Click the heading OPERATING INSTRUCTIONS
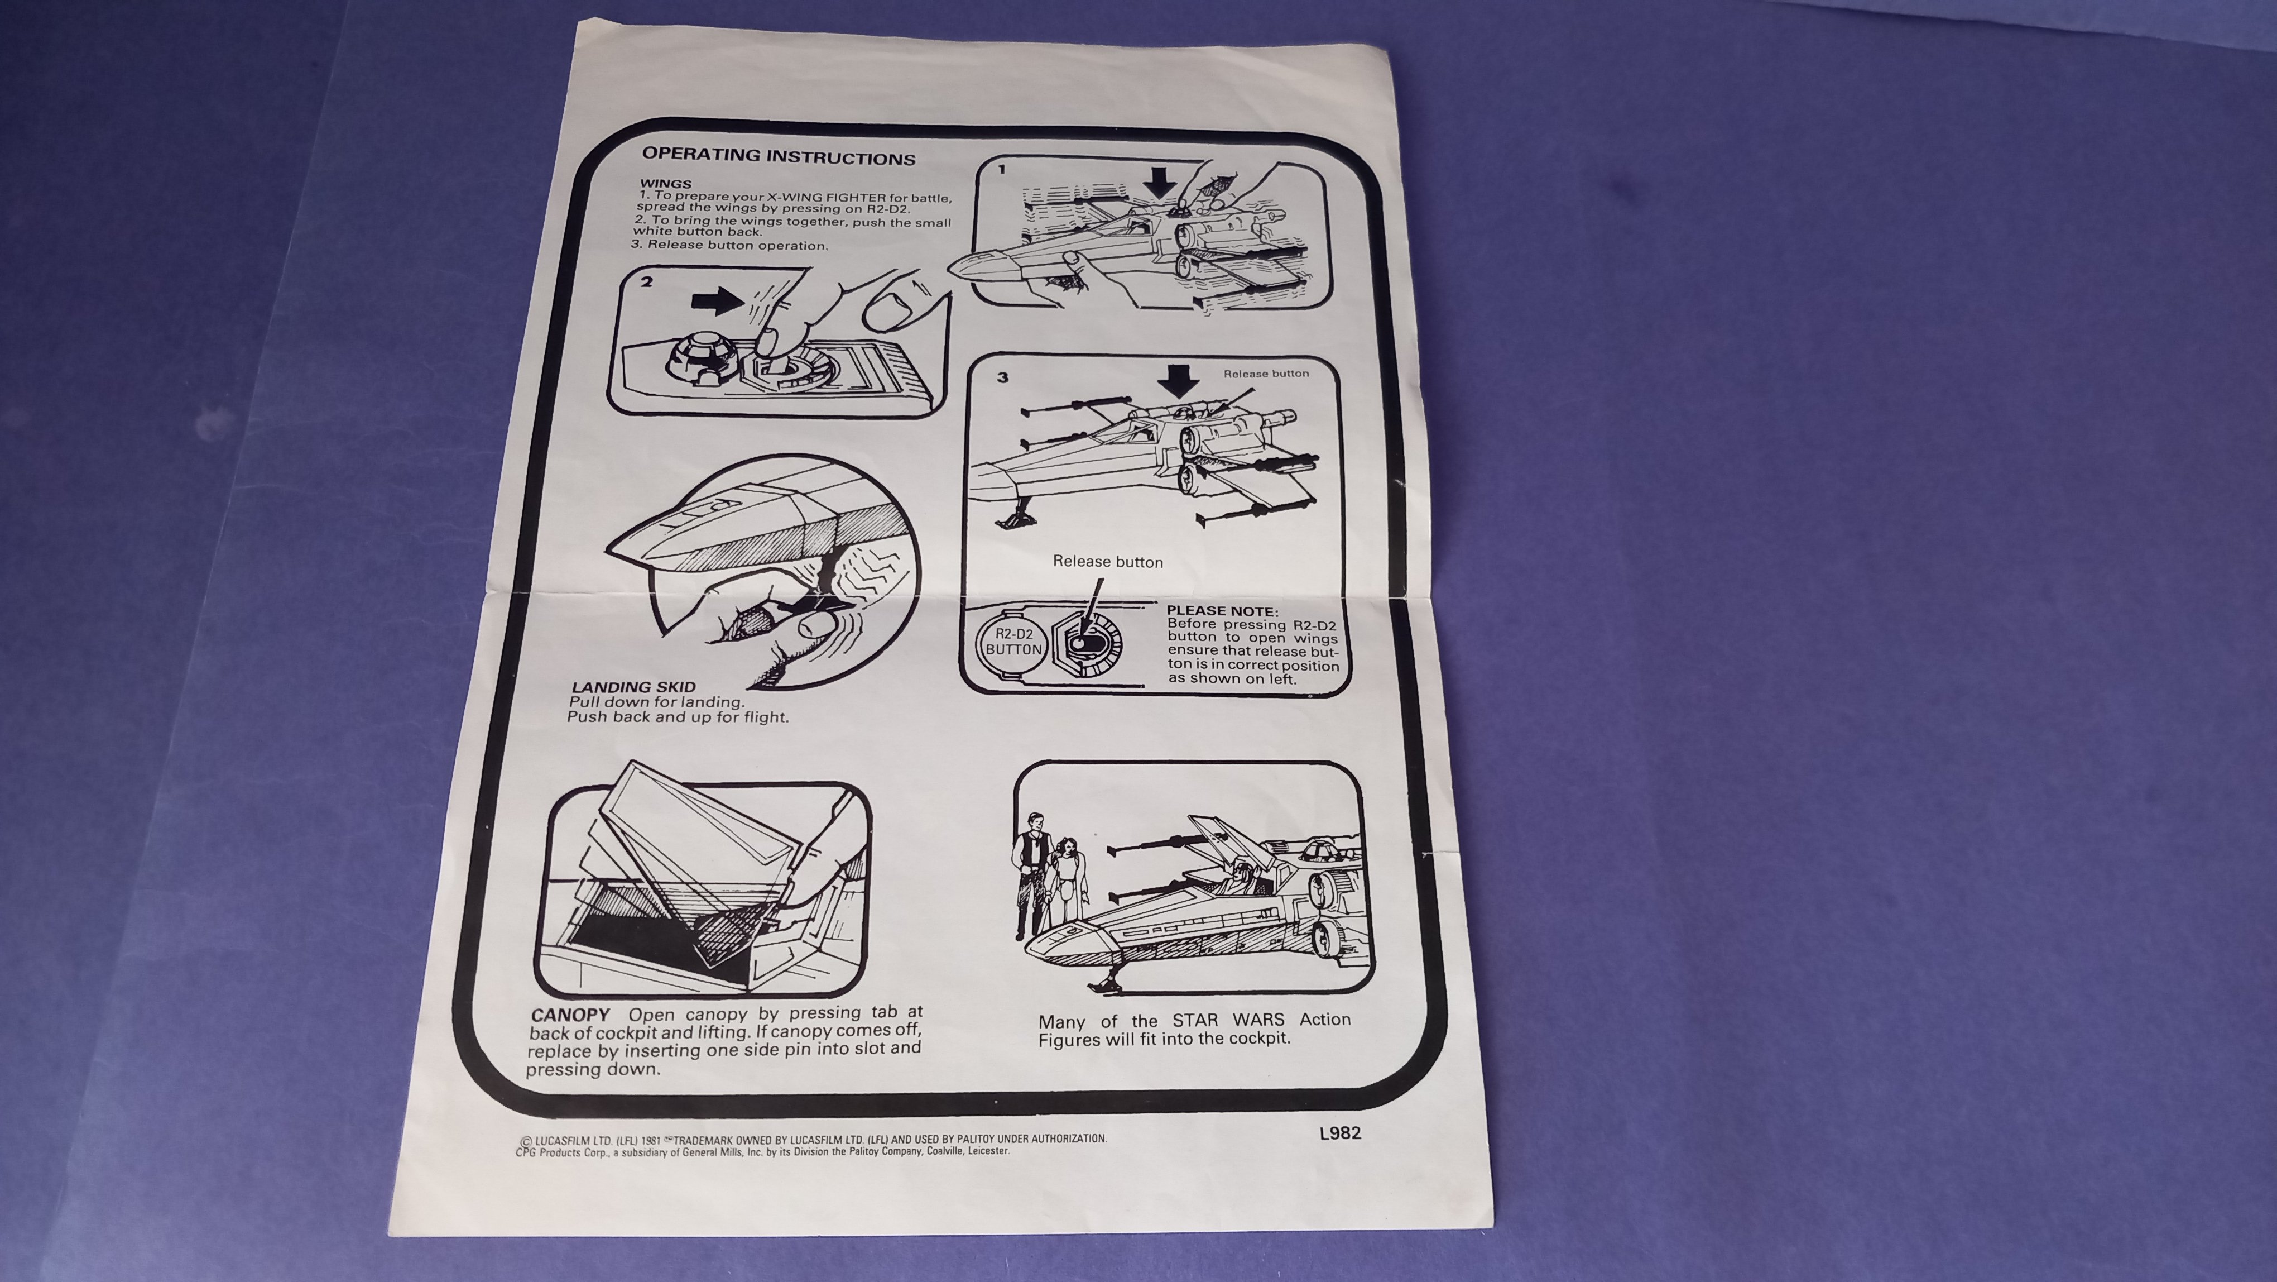(779, 156)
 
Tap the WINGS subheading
(666, 184)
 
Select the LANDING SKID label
(633, 686)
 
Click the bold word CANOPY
(571, 1016)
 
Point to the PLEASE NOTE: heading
(1222, 611)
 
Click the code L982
(1340, 1133)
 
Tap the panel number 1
(1002, 169)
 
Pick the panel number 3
(1002, 377)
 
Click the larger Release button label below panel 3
(1108, 561)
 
